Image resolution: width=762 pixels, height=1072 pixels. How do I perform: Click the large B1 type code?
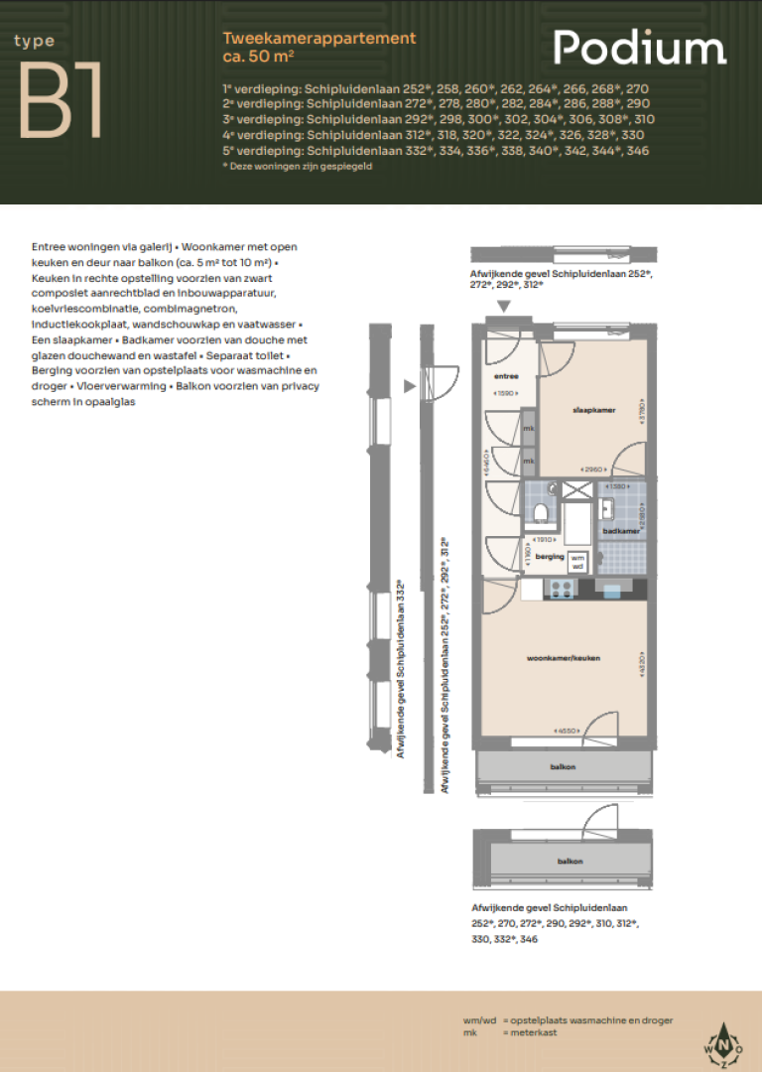point(62,103)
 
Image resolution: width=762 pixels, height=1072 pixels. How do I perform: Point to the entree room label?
point(507,377)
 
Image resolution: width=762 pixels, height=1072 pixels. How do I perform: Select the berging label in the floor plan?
point(550,557)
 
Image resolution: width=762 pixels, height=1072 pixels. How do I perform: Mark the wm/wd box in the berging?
point(577,560)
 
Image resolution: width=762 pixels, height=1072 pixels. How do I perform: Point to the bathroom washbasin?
point(606,508)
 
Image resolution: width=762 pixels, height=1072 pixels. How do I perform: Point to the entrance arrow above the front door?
point(504,308)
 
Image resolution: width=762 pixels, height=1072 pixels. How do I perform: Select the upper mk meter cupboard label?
point(529,429)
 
